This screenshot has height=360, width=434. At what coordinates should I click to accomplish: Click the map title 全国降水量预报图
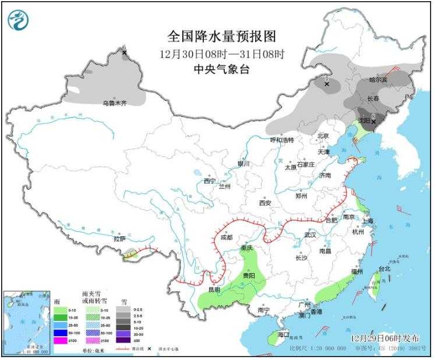coord(221,36)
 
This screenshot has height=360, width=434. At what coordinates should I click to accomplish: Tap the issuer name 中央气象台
coord(221,69)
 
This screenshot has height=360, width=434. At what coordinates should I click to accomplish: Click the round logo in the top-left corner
coord(18,20)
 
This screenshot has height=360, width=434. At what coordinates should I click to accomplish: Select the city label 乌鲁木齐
coord(114,103)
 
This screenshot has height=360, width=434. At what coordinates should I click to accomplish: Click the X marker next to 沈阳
coord(373,115)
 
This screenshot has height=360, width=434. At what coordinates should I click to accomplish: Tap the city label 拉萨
coord(119,238)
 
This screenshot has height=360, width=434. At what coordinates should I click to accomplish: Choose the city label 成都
coord(227,238)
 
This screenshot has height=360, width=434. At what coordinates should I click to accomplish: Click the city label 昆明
coord(213,290)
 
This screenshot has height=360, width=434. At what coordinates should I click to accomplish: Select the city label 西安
coord(265,203)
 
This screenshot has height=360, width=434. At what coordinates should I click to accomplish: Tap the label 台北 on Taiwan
coord(384,269)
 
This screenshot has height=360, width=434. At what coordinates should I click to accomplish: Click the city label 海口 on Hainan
coord(284,334)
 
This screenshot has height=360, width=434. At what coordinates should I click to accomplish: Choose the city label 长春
coord(373,98)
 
